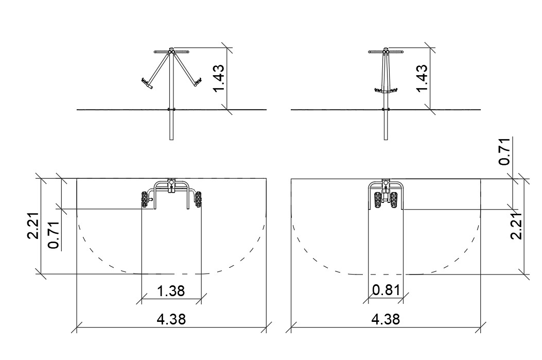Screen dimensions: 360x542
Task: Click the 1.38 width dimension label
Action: point(171,292)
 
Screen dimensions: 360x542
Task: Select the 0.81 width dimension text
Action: point(386,290)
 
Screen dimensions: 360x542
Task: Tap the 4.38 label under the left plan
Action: point(171,320)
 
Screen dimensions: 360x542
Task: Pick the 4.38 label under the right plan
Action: point(385,320)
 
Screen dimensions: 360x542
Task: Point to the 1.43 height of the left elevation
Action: point(220,78)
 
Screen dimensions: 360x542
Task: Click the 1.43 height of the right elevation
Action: point(422,78)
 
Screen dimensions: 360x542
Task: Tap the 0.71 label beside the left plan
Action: point(54,234)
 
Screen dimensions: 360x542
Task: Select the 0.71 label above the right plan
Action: point(505,151)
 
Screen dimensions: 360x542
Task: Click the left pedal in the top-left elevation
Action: point(146,83)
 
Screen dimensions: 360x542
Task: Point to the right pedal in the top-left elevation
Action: point(196,81)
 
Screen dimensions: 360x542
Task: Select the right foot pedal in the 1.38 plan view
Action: point(198,199)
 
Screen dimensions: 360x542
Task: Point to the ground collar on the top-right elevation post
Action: point(385,109)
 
